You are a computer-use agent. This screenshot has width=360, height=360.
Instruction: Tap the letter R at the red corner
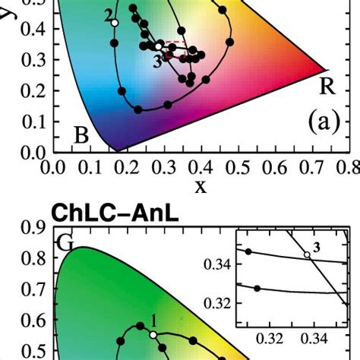pyautogui.click(x=327, y=86)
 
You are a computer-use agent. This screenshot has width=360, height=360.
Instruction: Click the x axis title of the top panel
pyautogui.click(x=201, y=186)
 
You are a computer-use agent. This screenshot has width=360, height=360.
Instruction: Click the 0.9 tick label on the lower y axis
pyautogui.click(x=32, y=228)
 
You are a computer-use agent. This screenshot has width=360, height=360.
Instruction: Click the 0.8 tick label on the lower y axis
pyautogui.click(x=32, y=259)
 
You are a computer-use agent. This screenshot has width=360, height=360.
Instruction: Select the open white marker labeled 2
pyautogui.click(x=115, y=24)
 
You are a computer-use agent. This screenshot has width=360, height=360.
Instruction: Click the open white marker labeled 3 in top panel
pyautogui.click(x=159, y=47)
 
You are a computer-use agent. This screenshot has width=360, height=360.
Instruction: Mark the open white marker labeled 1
pyautogui.click(x=153, y=334)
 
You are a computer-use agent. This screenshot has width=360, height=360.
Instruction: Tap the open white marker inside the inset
pyautogui.click(x=308, y=254)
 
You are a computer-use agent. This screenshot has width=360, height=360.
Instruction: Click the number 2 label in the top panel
pyautogui.click(x=109, y=14)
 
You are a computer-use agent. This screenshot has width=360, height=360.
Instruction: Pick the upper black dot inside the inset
pyautogui.click(x=248, y=251)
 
